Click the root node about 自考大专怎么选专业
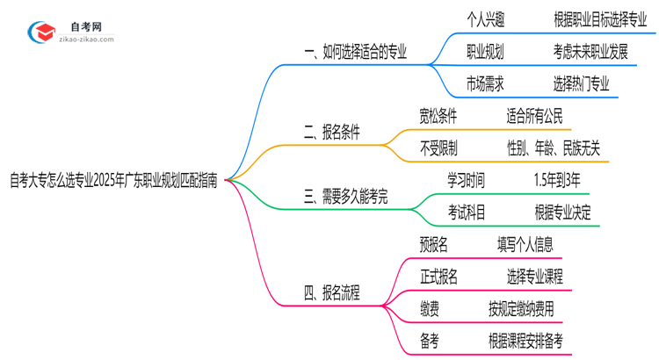click(x=113, y=179)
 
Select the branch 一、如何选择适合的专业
click(x=355, y=53)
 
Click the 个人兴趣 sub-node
click(x=485, y=19)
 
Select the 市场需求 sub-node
click(x=485, y=84)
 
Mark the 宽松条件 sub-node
click(x=438, y=116)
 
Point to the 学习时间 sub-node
click(x=465, y=180)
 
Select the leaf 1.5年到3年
click(x=557, y=180)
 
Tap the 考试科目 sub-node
click(x=465, y=212)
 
